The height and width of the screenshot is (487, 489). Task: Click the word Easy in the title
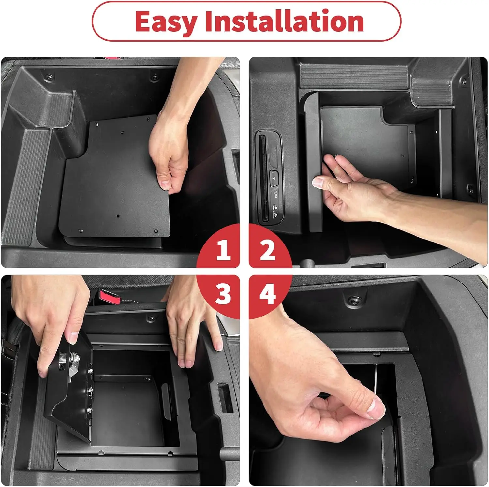[x=166, y=22]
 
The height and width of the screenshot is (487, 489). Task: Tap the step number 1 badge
[x=223, y=250]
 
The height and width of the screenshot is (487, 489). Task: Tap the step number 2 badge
[x=268, y=250]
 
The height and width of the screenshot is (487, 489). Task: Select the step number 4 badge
[x=268, y=294]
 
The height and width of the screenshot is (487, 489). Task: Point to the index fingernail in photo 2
[x=317, y=182]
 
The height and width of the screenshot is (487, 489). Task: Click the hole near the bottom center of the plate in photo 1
[x=118, y=216]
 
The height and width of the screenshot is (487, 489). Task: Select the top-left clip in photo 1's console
[x=50, y=77]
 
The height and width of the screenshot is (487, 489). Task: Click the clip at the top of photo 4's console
[x=352, y=301]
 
